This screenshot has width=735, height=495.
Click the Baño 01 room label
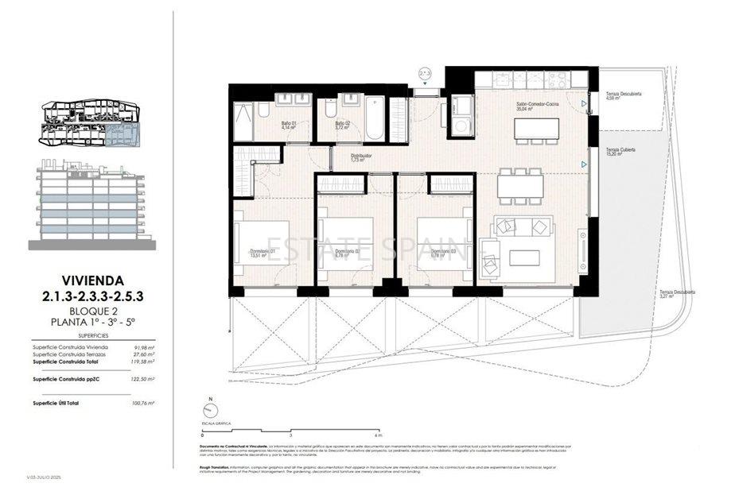pos(288,125)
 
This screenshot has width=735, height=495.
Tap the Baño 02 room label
pos(342,125)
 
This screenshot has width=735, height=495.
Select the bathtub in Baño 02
pos(375,116)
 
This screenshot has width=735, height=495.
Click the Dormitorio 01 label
pos(262,253)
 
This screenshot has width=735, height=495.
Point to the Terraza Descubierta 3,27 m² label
pos(677,294)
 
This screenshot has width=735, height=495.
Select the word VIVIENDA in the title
pos(93,280)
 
